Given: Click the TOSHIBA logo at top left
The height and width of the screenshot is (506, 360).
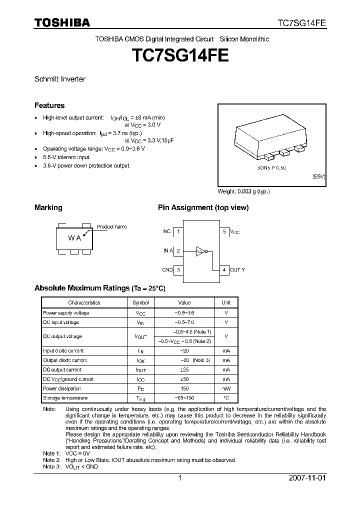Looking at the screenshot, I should [62, 22].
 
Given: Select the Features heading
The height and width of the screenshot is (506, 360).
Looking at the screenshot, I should [49, 105].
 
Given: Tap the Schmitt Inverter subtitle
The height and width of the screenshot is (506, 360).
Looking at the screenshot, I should [59, 79].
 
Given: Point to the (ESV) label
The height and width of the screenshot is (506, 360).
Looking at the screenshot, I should [318, 177].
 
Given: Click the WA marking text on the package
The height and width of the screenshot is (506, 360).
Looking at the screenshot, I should [74, 238].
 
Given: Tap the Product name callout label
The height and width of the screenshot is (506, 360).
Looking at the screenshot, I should [111, 226].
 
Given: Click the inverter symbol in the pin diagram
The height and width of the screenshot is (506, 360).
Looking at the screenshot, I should [201, 251].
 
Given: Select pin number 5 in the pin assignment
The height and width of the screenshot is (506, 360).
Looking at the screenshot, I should [224, 231].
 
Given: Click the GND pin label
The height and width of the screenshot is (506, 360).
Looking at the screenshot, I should [167, 270].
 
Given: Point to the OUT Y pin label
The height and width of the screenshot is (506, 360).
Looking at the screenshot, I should [237, 270].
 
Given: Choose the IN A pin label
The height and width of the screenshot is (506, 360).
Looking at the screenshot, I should [167, 251].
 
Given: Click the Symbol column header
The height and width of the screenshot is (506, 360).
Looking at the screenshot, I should [140, 302].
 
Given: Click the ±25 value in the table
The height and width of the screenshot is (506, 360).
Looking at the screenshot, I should [184, 369].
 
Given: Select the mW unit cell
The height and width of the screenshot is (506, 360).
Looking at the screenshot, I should [226, 388].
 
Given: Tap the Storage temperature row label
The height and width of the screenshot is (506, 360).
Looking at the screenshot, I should [65, 398].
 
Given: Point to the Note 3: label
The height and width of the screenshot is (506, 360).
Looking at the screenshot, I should [51, 466].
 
